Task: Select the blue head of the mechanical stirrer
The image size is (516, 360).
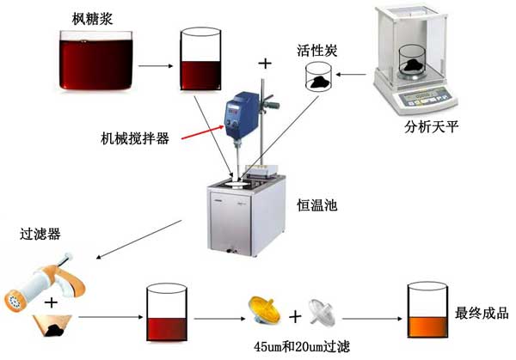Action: click(x=237, y=112)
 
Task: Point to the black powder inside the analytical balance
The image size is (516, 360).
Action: click(x=416, y=63)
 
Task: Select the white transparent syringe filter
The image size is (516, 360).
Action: click(x=329, y=312)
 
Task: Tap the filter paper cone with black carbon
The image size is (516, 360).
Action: click(x=53, y=324)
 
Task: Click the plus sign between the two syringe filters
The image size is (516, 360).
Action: click(x=295, y=317)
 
